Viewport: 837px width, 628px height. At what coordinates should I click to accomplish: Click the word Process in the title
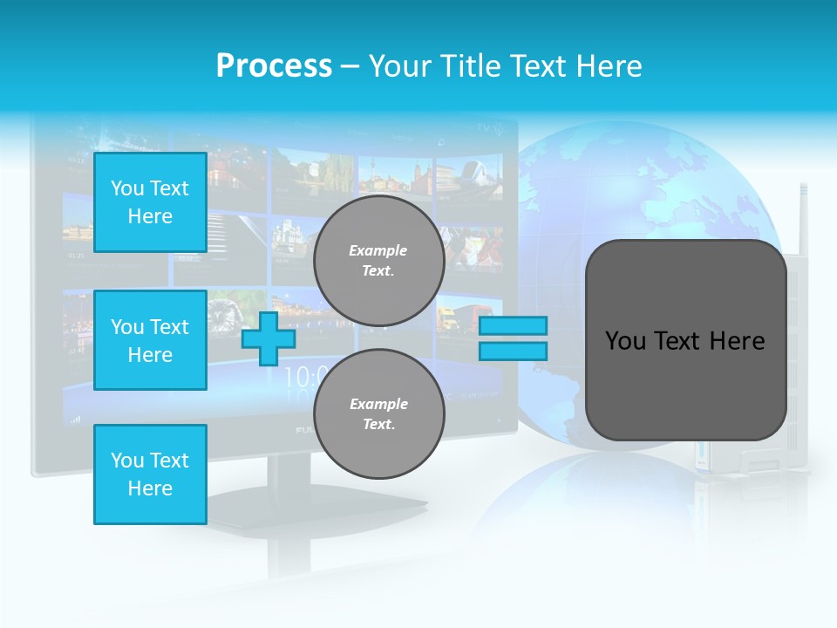pyautogui.click(x=274, y=66)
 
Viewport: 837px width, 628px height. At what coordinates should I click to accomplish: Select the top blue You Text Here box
pyautogui.click(x=150, y=202)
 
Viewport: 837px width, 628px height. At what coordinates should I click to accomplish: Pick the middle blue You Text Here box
pyautogui.click(x=150, y=340)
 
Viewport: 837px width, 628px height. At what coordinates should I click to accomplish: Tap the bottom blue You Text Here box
pyautogui.click(x=150, y=474)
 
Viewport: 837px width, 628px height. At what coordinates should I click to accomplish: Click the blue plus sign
pyautogui.click(x=269, y=338)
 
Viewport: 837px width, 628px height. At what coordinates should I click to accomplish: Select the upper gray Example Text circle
pyautogui.click(x=378, y=260)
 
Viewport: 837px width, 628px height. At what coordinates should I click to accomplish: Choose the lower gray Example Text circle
pyautogui.click(x=378, y=413)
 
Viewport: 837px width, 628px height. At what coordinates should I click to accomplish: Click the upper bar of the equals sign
pyautogui.click(x=513, y=326)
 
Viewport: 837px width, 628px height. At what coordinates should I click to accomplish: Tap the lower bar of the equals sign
pyautogui.click(x=513, y=352)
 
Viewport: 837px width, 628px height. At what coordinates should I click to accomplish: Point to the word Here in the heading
pyautogui.click(x=604, y=66)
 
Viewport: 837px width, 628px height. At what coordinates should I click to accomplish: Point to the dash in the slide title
pyautogui.click(x=350, y=66)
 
